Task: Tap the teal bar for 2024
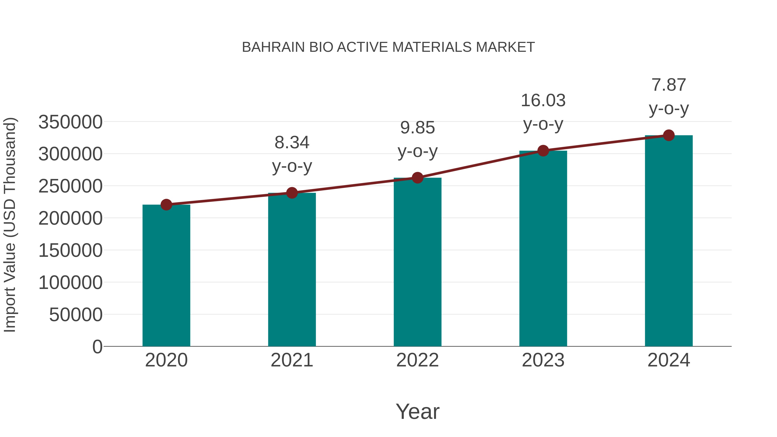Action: (669, 241)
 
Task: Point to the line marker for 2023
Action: (543, 150)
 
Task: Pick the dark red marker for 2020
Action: (166, 205)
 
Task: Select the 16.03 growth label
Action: (543, 100)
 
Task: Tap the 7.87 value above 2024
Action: (669, 85)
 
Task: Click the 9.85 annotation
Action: (417, 128)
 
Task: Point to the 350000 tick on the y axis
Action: (70, 122)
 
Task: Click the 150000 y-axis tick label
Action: (70, 250)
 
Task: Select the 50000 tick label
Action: (76, 315)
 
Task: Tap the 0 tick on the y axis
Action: (97, 347)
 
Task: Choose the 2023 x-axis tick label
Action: (543, 360)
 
